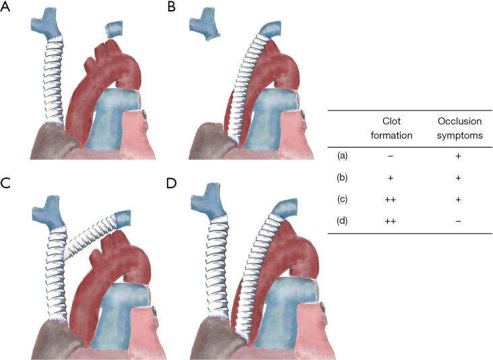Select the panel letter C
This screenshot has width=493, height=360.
[x=6, y=184]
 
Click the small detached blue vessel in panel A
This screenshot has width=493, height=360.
[x=114, y=29]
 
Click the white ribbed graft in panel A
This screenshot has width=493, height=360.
[x=53, y=81]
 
